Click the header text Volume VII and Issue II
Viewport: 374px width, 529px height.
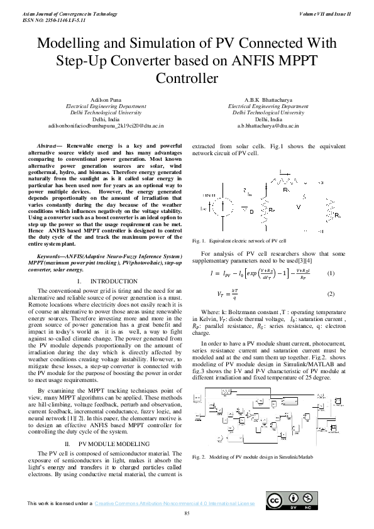pos(325,13)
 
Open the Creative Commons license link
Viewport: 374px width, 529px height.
pos(174,503)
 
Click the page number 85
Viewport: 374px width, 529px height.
pos(187,515)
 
